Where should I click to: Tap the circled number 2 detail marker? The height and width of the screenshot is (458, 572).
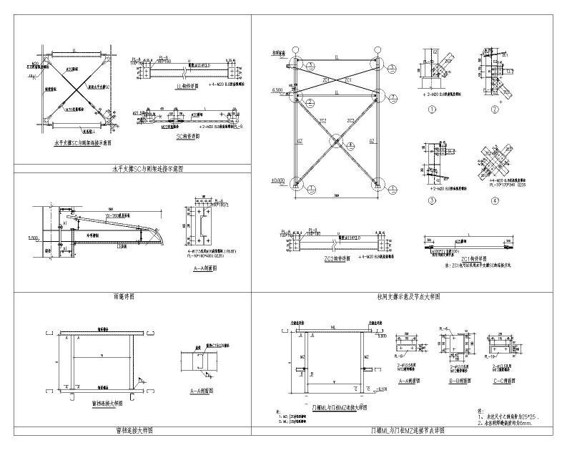[495, 110]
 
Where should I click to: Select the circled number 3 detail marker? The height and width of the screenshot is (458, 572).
[433, 201]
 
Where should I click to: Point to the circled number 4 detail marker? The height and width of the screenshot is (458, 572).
[495, 201]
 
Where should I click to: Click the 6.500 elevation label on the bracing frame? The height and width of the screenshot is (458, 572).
[279, 91]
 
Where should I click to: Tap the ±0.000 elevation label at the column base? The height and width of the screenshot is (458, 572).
[278, 180]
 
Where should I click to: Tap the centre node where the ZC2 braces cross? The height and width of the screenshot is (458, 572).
[335, 141]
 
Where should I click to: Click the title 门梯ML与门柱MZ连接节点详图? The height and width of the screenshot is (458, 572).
[408, 431]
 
